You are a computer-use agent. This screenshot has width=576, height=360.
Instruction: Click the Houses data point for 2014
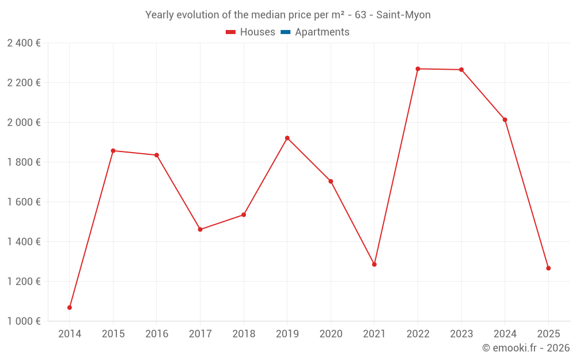[70, 308]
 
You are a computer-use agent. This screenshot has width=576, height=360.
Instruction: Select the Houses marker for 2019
[287, 138]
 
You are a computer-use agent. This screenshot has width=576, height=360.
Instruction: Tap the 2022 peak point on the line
[418, 69]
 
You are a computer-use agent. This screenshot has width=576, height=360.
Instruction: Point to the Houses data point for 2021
[374, 264]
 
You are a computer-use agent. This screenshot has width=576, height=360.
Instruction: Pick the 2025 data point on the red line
[548, 268]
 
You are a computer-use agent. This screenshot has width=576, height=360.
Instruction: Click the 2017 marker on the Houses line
[200, 230]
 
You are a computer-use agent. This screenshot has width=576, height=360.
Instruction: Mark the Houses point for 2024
[505, 120]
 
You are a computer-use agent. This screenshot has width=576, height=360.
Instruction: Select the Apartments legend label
[322, 32]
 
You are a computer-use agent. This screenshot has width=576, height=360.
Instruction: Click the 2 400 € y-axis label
[24, 43]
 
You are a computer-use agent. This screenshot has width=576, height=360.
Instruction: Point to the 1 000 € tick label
[24, 321]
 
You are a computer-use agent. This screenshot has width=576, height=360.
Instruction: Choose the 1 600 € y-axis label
[24, 202]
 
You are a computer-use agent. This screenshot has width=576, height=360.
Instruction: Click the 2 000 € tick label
[24, 123]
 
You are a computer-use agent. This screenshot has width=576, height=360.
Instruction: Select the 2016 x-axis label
[157, 334]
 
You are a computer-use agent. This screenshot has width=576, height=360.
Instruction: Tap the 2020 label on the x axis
[331, 334]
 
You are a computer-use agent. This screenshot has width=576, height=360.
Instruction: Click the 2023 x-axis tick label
[461, 334]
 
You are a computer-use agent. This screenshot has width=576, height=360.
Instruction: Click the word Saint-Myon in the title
[403, 15]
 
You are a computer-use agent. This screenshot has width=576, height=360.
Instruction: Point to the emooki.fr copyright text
[526, 348]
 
